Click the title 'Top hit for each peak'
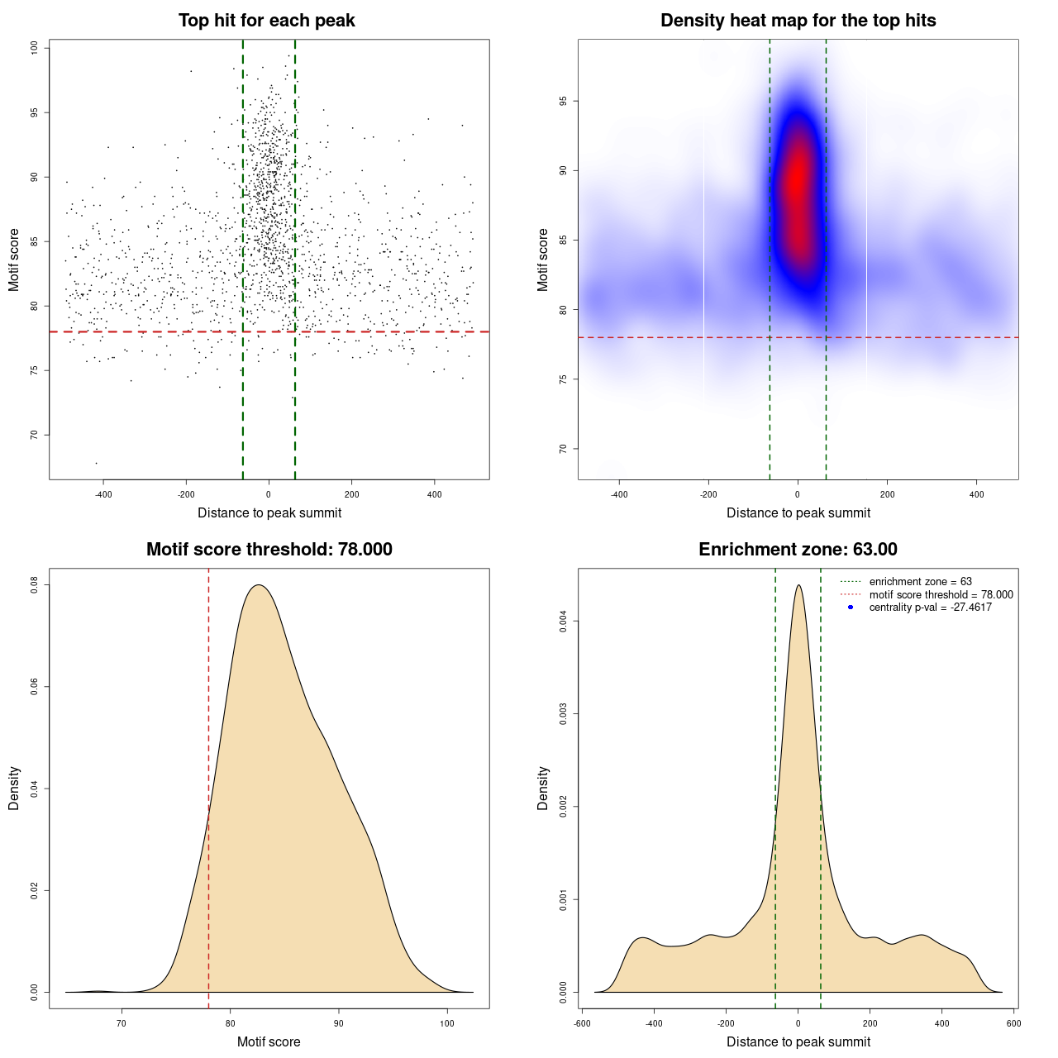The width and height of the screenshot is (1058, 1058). (266, 21)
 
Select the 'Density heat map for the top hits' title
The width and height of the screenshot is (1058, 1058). (798, 21)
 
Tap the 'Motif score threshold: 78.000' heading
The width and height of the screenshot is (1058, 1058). (269, 550)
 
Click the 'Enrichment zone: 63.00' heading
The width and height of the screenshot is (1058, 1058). (798, 550)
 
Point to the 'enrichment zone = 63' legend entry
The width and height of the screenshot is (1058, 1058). (920, 582)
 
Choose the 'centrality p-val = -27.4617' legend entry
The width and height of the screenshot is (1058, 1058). (930, 608)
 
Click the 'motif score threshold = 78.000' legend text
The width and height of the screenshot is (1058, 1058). (941, 595)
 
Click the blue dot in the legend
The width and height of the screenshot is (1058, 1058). (851, 608)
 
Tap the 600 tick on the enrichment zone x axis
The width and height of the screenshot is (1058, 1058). (1013, 1023)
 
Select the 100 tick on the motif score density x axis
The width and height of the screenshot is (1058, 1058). (447, 1023)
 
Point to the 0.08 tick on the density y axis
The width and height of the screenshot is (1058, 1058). (35, 585)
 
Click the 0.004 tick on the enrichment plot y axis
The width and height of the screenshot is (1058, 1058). (564, 621)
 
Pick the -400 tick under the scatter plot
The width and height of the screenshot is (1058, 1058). (103, 494)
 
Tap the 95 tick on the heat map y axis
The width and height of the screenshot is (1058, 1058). (564, 101)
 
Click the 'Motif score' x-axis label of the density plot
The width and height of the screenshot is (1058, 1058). (269, 1042)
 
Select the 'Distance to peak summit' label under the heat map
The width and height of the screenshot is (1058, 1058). (798, 513)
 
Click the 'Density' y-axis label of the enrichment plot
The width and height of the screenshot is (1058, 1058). (543, 788)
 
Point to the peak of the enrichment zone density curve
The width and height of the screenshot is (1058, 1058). (798, 585)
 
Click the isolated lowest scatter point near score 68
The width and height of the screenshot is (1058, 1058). (96, 463)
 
